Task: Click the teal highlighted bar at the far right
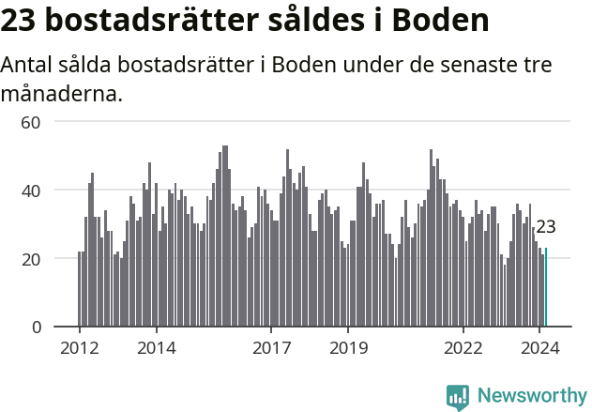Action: coord(546,287)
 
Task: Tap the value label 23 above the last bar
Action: coord(546,227)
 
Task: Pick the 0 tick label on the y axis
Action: coord(37,328)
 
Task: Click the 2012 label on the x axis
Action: coord(80,347)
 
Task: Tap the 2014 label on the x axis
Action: coord(157,347)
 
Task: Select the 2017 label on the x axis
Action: coord(271,347)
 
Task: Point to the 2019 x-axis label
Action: coord(348,347)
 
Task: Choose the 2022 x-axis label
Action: coord(463,347)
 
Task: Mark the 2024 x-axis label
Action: coord(540,347)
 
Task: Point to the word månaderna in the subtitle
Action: coord(61,94)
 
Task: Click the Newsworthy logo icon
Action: coord(458,396)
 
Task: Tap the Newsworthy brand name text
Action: coord(532,396)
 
